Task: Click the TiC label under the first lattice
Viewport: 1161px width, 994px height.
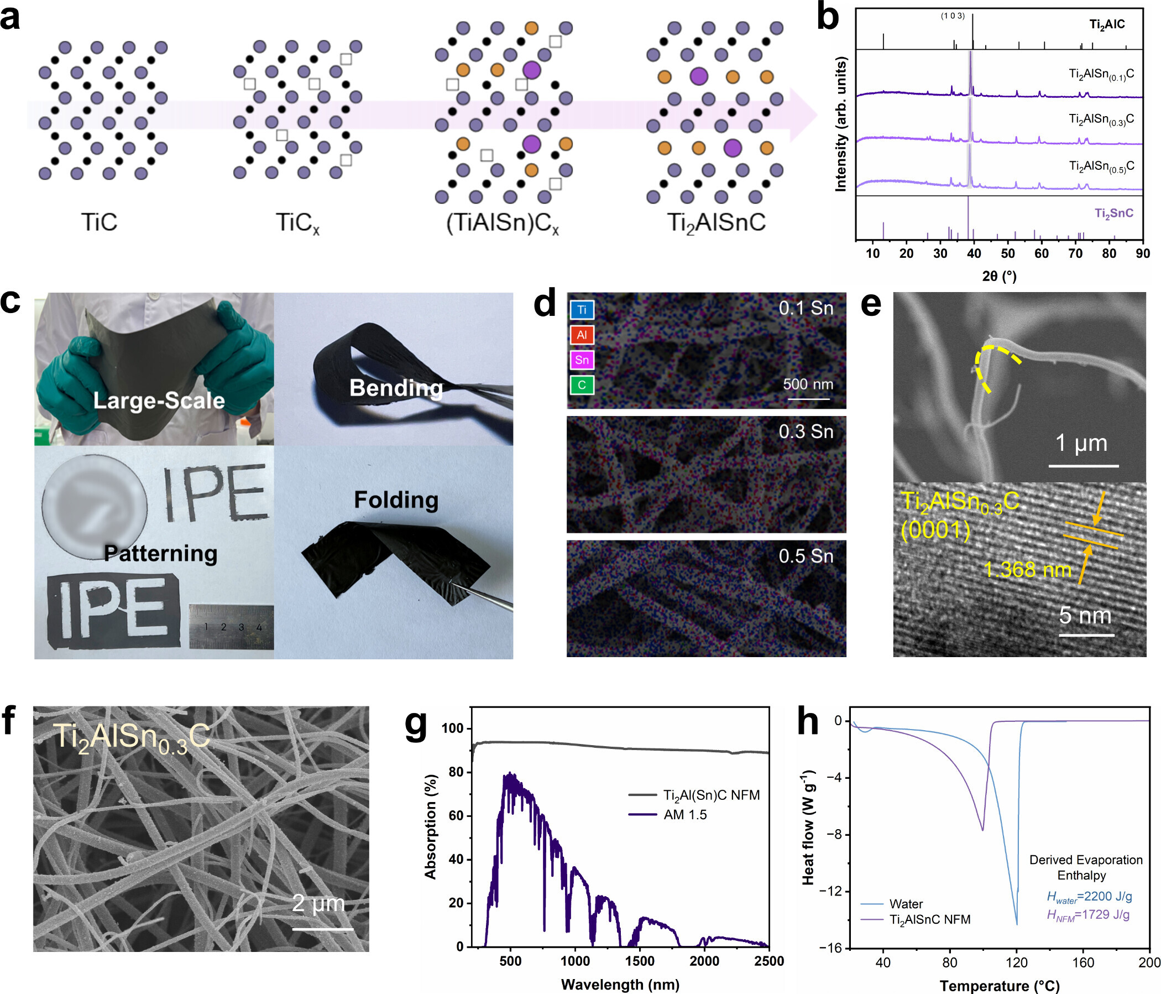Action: pyautogui.click(x=99, y=222)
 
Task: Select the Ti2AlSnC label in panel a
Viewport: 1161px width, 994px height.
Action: pyautogui.click(x=716, y=223)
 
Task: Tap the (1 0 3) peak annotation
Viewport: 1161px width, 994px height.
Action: pyautogui.click(x=953, y=15)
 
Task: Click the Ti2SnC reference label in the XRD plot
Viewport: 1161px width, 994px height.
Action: pyautogui.click(x=1114, y=214)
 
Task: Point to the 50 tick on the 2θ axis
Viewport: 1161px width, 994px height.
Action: pyautogui.click(x=1007, y=253)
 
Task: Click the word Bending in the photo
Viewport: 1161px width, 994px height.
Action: pyautogui.click(x=396, y=388)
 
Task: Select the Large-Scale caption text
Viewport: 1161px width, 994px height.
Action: pyautogui.click(x=159, y=400)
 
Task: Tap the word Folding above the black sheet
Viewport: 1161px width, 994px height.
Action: pyautogui.click(x=396, y=500)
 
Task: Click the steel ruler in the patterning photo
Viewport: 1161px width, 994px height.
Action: pyautogui.click(x=231, y=627)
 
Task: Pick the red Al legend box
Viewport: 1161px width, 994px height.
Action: pyautogui.click(x=582, y=335)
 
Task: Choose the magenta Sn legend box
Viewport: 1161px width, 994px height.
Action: pyautogui.click(x=582, y=360)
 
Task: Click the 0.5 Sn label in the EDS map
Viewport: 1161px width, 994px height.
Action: pyautogui.click(x=806, y=556)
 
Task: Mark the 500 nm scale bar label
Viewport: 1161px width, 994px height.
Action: pyautogui.click(x=808, y=384)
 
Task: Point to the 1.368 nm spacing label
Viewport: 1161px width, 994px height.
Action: pyautogui.click(x=1027, y=570)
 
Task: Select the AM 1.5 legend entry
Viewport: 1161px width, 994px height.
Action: pyautogui.click(x=686, y=815)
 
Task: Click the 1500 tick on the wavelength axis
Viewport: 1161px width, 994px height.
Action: pyautogui.click(x=640, y=961)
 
